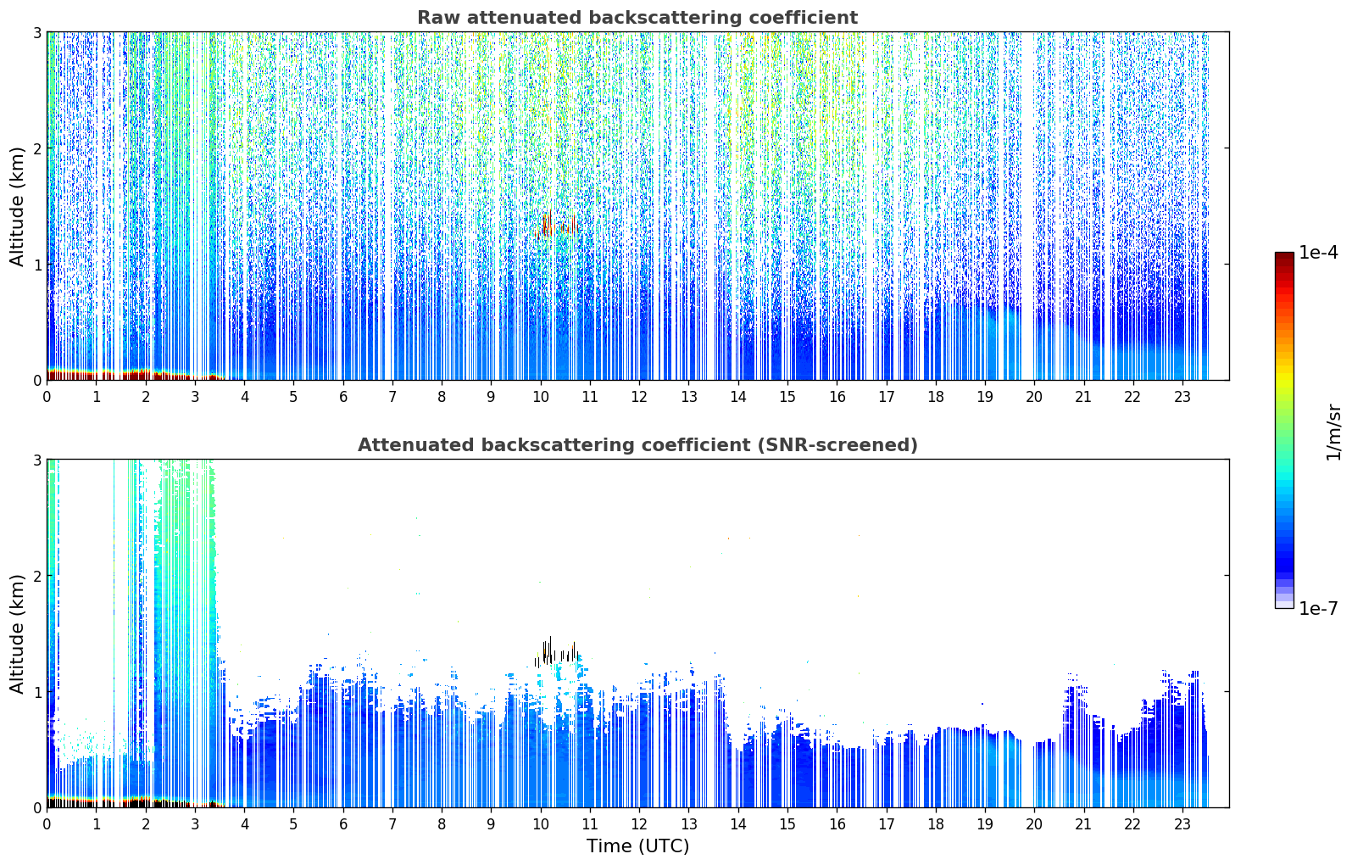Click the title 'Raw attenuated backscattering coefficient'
pos(637,18)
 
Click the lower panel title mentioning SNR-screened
pos(637,445)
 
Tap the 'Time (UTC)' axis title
pos(637,846)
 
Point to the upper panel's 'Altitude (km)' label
pos(17,207)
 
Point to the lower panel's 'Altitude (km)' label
pos(17,634)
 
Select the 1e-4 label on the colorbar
pos(1318,253)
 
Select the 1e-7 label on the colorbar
pos(1318,608)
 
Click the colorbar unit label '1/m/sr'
pos(1333,433)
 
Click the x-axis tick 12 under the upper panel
pos(639,397)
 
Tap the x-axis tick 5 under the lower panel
pos(293,824)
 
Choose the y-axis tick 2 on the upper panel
pos(36,148)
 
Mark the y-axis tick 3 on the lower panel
pos(36,460)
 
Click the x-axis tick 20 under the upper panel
pos(1034,397)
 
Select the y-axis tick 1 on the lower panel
pos(36,692)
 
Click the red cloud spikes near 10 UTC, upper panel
pos(557,226)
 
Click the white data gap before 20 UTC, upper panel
pos(1027,205)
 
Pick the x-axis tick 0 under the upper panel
pos(47,397)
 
